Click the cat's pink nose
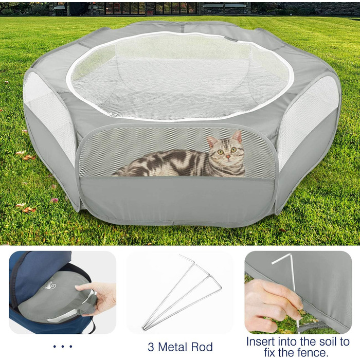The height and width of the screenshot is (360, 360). [x=228, y=157]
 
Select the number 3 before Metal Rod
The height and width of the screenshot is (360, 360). [x=151, y=347]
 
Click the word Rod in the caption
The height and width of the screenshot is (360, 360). [x=203, y=347]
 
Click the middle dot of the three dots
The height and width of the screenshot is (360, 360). [x=62, y=347]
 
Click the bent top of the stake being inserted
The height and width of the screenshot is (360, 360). [x=282, y=259]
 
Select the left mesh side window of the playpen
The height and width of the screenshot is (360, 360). [x=49, y=115]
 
